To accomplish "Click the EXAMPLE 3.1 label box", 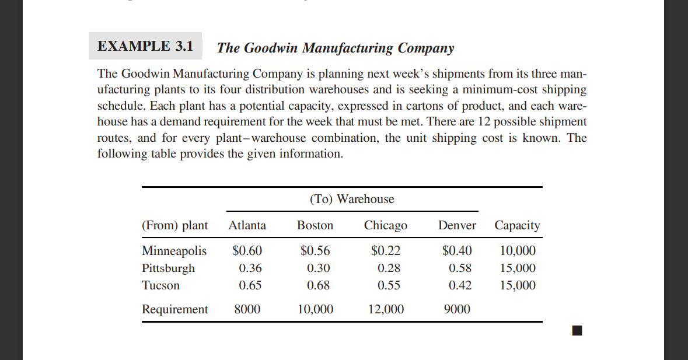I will (145, 46).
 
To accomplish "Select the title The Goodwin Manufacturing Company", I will (335, 48).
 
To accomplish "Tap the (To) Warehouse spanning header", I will (352, 199).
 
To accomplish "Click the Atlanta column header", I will (247, 225).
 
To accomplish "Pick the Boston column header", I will (315, 225).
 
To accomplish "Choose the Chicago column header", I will (386, 225).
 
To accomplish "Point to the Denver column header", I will (457, 225).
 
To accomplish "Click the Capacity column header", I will (517, 225).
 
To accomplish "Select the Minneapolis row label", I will (174, 251).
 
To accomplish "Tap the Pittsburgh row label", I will (169, 268).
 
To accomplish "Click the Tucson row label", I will (160, 285).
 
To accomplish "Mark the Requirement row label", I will (174, 309).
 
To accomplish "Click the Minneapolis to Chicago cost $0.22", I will (386, 251).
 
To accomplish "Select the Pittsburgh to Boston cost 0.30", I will (319, 268).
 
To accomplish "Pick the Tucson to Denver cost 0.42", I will (460, 285).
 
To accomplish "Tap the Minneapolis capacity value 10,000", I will (518, 251).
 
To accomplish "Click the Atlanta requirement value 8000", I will (247, 309).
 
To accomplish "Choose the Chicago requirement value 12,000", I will (386, 309).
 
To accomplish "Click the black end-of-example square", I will (577, 331).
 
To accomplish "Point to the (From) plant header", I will (174, 225).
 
